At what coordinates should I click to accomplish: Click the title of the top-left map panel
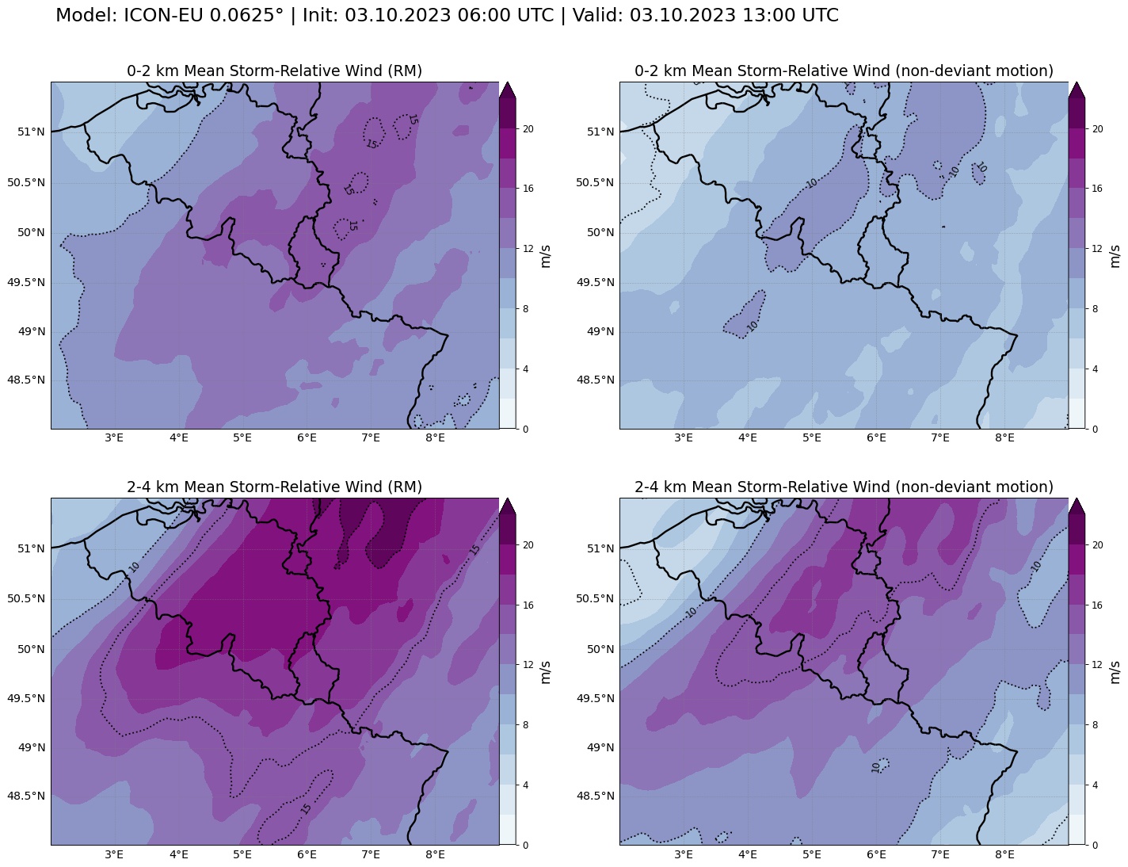point(274,71)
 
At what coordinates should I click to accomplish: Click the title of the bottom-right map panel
point(844,487)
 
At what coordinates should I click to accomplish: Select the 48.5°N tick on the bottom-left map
point(26,796)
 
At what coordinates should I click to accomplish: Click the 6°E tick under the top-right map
point(875,438)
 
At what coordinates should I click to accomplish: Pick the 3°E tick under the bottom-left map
point(114,854)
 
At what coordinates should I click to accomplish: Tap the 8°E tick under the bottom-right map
point(1004,854)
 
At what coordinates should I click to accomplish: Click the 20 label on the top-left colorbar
point(528,129)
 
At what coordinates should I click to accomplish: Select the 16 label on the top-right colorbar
point(1097,189)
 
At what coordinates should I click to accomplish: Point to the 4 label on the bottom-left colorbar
point(526,785)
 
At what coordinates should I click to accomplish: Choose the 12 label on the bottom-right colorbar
point(1097,665)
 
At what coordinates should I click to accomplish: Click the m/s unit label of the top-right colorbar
point(1115,256)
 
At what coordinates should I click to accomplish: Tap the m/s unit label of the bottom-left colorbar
point(546,672)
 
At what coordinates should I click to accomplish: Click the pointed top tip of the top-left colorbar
point(508,83)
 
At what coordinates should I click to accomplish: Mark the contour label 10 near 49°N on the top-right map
point(753,325)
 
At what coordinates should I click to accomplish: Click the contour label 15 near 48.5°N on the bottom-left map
point(306,808)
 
